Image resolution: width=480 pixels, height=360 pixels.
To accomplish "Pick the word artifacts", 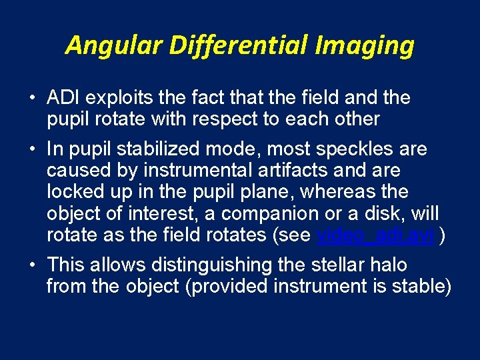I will point(269,170).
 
